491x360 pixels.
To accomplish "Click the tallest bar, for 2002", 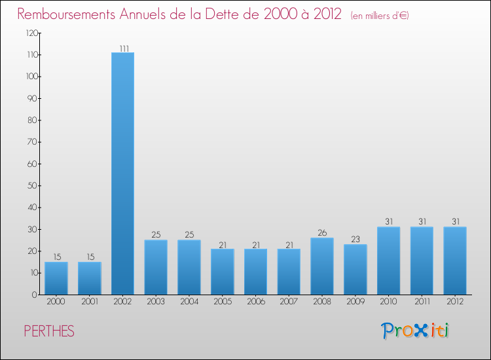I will pos(122,173).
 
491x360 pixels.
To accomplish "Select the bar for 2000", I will pos(56,278).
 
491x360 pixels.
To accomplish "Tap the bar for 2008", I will pos(322,266).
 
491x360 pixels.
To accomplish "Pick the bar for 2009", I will pos(355,270).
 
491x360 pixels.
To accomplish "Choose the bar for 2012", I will pos(455,261).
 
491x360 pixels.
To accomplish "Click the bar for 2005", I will pos(223,272).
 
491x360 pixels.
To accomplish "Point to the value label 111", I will pos(123,48).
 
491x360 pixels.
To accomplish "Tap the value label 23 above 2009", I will pos(355,240).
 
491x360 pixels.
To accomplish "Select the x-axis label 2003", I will pos(156,302).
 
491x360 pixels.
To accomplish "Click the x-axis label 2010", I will pos(388,302).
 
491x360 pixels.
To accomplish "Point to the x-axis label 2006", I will pos(255,302).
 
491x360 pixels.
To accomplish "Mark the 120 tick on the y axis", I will pos(31,33).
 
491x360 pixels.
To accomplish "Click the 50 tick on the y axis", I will pos(32,186).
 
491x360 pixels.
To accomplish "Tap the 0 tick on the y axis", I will pos(34,295).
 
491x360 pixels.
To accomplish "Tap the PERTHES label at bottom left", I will pos(49,331).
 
